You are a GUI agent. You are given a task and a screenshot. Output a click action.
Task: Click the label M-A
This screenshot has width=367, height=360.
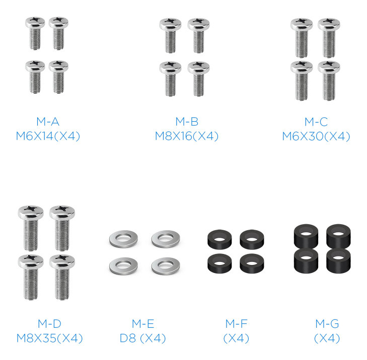[48, 122]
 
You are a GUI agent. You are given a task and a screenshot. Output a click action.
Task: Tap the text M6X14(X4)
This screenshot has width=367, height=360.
[48, 136]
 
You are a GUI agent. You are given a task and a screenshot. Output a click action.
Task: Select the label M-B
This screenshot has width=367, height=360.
[187, 122]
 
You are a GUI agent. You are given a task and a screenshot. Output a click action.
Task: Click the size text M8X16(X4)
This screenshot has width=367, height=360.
[187, 136]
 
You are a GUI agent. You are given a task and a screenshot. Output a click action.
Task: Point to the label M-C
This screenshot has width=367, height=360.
[316, 122]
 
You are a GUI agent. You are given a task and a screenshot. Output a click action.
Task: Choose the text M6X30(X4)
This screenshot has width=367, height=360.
[316, 136]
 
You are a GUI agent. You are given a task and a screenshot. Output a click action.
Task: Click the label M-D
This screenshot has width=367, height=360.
[50, 324]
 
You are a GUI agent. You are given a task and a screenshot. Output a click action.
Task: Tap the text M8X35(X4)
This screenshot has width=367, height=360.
[50, 338]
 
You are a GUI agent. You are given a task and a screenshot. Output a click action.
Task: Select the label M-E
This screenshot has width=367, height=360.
[143, 324]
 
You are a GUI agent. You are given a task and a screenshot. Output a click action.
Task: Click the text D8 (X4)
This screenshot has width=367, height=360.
[143, 338]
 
